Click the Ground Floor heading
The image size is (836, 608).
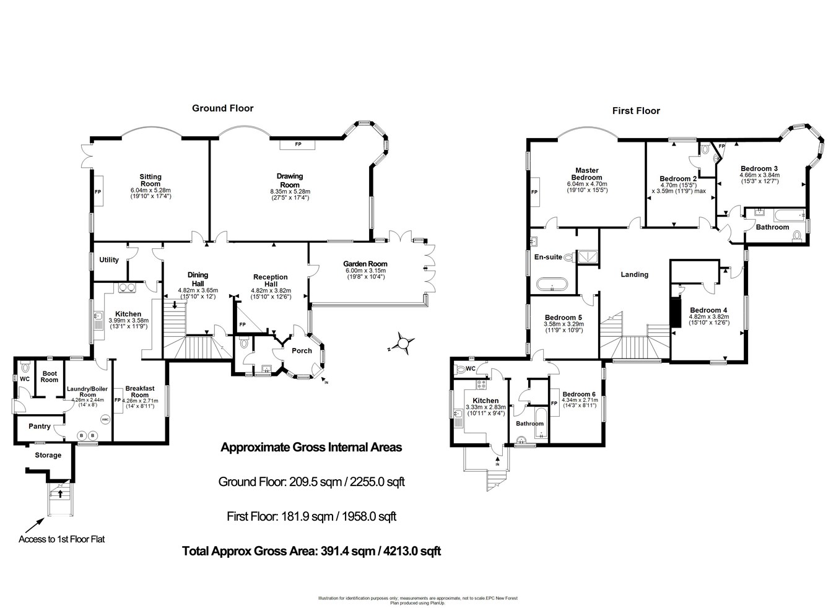tap(222, 108)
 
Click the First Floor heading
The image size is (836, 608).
tap(636, 111)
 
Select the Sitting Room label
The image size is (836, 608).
tap(150, 180)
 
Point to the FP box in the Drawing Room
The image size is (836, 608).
tap(297, 144)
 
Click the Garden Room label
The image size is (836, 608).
tap(365, 264)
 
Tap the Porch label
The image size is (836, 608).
tap(302, 350)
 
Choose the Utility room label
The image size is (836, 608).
tap(109, 260)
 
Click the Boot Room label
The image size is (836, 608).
tap(50, 376)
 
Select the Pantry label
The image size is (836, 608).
tap(40, 426)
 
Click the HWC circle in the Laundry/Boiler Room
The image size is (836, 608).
tap(103, 419)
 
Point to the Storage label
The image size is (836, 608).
tap(48, 455)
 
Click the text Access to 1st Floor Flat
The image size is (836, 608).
tap(61, 539)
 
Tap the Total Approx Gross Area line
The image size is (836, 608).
tap(311, 550)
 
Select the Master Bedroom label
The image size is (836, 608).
tap(586, 174)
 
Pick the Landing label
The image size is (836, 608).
tap(635, 274)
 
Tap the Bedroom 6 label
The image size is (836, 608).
tap(579, 394)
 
